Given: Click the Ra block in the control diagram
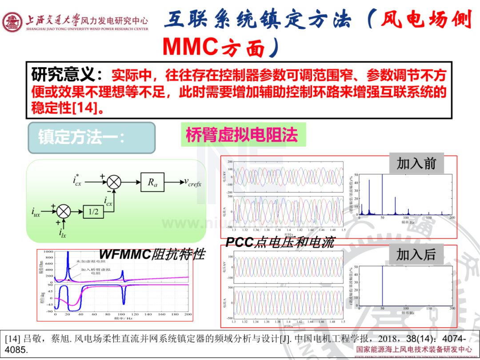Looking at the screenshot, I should click(x=152, y=182).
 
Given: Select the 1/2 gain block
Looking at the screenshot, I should click(x=93, y=211).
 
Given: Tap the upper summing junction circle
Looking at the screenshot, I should click(x=114, y=182).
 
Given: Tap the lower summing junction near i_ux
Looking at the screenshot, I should click(x=64, y=211).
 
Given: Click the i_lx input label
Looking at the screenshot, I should click(x=63, y=233).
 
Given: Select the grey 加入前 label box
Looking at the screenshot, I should click(x=416, y=163).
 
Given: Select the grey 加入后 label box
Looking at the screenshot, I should click(x=416, y=255).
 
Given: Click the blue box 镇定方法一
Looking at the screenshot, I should click(x=92, y=137).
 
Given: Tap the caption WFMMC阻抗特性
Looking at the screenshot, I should click(x=152, y=254).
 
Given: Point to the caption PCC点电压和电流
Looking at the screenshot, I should click(x=280, y=242).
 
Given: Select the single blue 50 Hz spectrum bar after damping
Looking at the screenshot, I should click(x=383, y=287).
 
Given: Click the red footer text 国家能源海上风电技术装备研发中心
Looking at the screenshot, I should click(x=414, y=349).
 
